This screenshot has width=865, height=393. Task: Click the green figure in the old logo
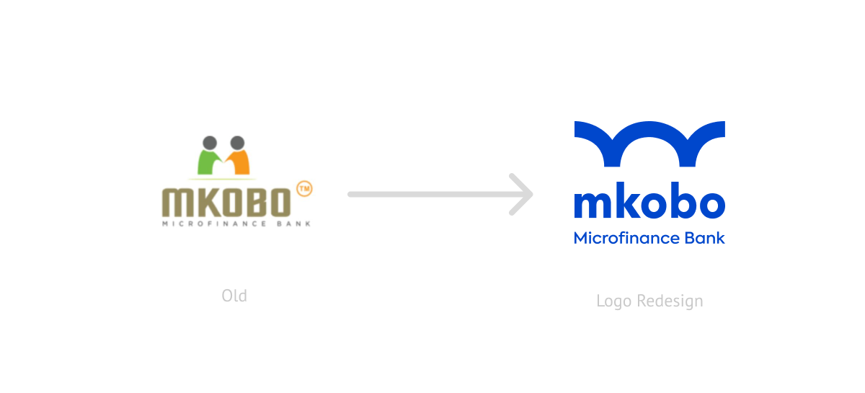(207, 163)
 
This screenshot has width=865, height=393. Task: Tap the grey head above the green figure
(210, 143)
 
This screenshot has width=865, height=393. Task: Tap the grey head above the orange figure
(237, 143)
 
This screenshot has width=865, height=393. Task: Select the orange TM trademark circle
(304, 189)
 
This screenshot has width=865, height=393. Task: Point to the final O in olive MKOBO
(280, 202)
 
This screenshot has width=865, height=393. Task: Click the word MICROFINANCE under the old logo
(214, 224)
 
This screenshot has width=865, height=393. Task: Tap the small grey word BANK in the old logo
(294, 224)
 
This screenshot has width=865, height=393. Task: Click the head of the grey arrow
(522, 195)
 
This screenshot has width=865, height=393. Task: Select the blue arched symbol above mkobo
(649, 143)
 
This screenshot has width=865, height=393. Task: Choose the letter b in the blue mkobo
(682, 200)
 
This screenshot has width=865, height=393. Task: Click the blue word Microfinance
(626, 238)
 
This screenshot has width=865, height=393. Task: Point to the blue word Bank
(705, 238)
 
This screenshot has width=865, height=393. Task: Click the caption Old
(234, 296)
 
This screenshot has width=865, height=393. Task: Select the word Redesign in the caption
(670, 301)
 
